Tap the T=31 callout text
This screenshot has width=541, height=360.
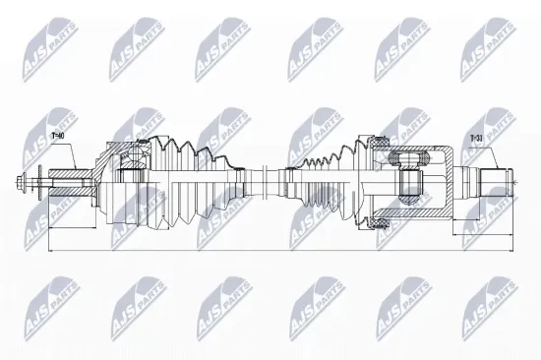tap(476, 140)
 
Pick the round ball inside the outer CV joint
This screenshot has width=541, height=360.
tap(128, 156)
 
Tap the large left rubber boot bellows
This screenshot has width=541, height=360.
tap(187, 181)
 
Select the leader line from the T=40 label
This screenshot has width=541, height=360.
tap(69, 151)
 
